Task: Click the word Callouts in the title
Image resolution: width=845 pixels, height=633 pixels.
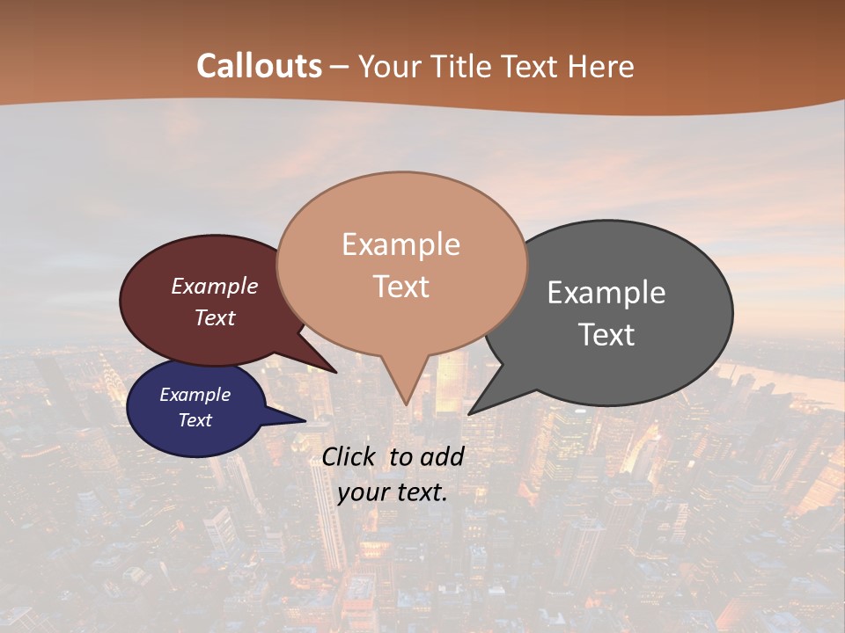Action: [259, 66]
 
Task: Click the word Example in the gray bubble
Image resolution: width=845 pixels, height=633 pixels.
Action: [606, 293]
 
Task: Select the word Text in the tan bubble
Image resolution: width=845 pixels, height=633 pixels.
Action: [401, 287]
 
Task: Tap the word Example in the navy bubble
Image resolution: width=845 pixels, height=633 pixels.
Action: [195, 395]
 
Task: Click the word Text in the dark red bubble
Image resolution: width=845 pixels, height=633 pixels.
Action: [215, 317]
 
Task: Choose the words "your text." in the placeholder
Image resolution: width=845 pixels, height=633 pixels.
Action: [393, 492]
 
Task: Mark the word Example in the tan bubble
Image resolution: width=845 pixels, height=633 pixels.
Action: [401, 244]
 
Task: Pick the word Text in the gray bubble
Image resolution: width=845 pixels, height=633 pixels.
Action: [606, 335]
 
